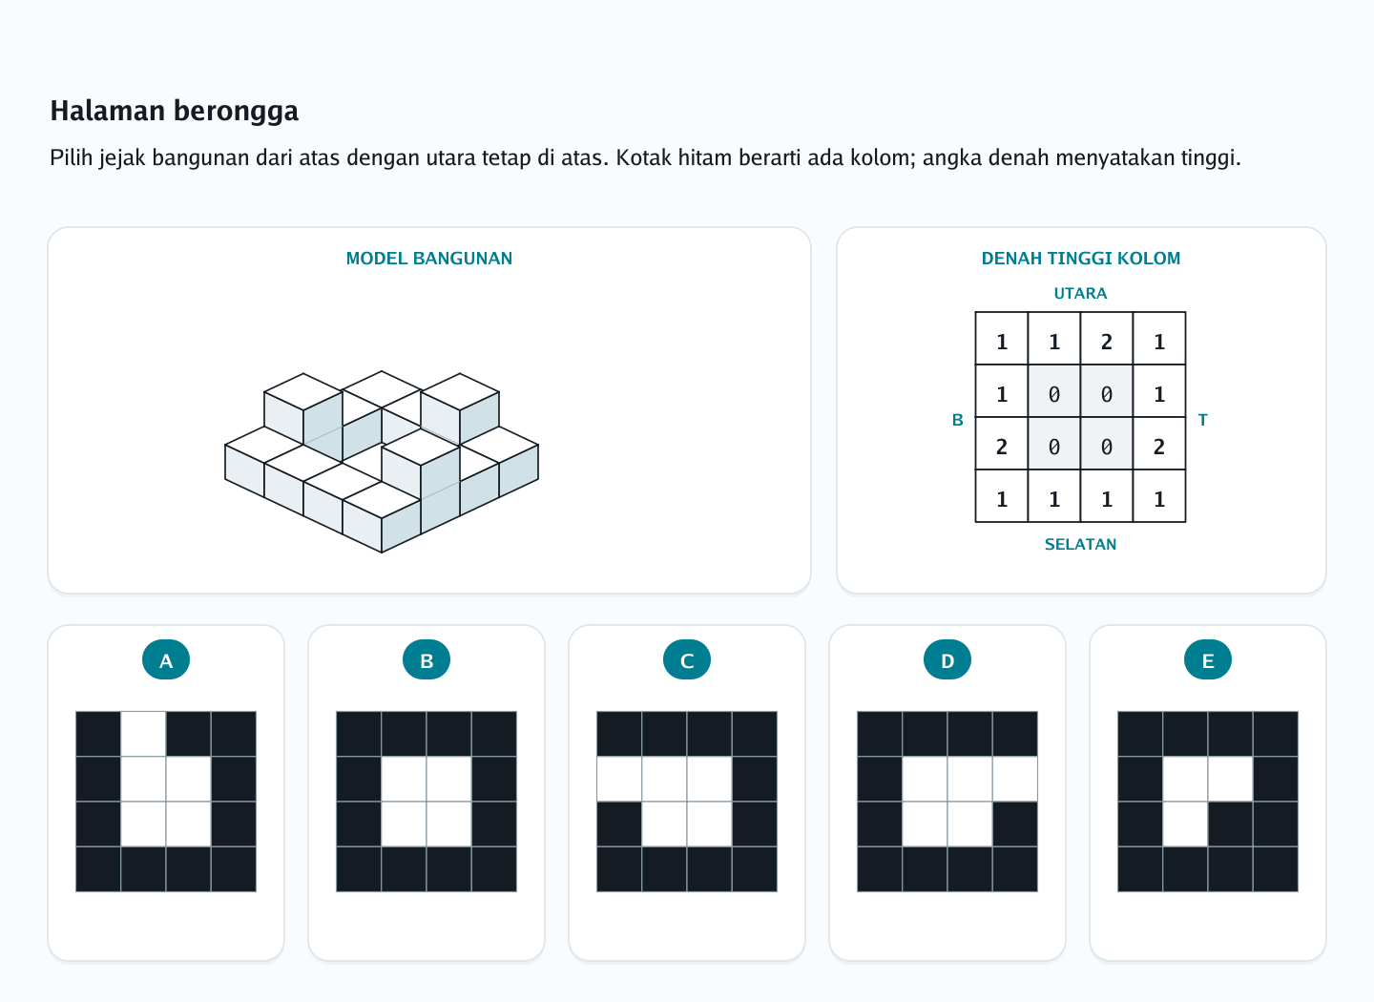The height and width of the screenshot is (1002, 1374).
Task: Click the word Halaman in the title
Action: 108,111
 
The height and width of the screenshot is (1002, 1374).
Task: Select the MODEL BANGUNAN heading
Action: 428,259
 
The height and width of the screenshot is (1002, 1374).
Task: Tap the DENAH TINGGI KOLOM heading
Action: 1081,259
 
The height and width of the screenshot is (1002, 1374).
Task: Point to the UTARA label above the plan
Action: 1080,293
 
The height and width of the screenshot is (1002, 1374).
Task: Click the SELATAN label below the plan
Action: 1080,544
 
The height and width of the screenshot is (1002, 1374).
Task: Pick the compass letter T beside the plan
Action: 1202,420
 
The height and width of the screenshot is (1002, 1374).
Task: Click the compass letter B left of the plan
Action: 958,420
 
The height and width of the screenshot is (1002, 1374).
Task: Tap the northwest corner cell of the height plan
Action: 1002,339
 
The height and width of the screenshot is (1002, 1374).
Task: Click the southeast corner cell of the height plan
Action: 1159,496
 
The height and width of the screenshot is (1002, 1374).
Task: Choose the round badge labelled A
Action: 166,659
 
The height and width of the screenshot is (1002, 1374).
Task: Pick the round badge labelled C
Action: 687,659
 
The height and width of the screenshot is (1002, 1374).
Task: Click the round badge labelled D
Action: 947,659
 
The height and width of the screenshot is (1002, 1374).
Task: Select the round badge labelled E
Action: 1208,659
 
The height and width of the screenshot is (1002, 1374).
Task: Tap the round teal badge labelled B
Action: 427,659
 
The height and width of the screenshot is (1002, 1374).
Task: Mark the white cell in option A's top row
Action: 143,734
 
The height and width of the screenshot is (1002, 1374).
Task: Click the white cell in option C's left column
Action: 619,780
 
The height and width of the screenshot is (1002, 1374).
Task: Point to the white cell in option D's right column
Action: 1015,780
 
